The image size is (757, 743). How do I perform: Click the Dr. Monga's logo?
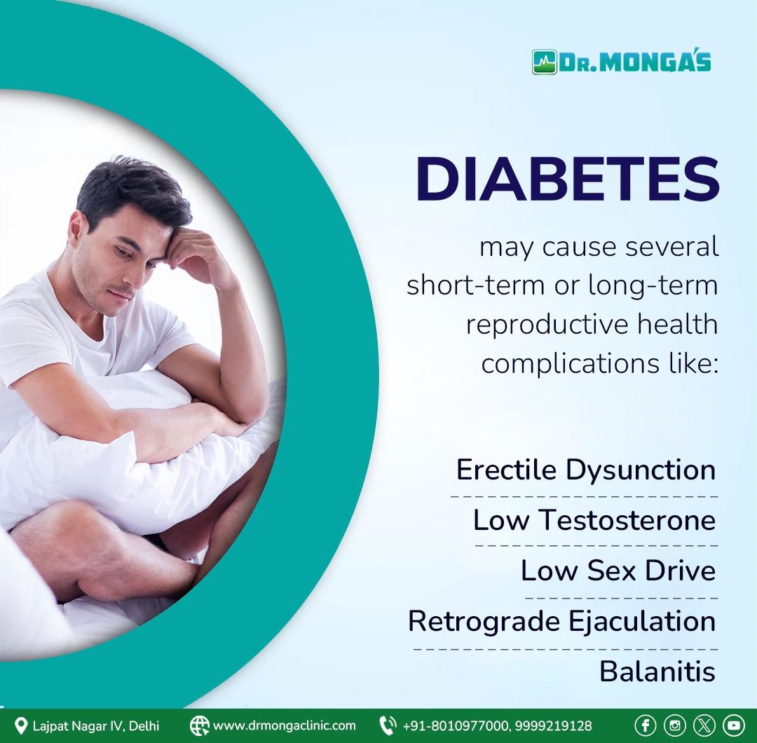pos(621,62)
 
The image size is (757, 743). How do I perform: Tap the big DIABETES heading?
pos(568,179)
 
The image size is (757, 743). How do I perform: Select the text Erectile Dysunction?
pos(585,470)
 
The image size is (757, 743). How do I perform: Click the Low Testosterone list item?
pos(594,520)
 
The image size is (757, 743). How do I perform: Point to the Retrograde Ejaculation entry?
pos(562,621)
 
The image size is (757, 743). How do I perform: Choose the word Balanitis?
pos(657,671)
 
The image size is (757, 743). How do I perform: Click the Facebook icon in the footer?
pos(645,725)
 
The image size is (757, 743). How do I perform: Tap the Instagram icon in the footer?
pos(674,725)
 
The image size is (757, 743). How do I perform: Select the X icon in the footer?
pos(704,725)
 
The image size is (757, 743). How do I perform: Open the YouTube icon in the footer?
pos(733,725)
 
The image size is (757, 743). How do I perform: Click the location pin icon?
pos(21,725)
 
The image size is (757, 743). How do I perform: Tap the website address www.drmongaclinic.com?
pos(285,725)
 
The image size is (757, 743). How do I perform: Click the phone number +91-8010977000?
pos(456,725)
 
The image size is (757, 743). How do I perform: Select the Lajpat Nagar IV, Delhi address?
pos(96,725)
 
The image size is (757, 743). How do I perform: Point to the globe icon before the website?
pos(199,725)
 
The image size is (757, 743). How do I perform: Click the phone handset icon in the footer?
pos(388,725)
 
